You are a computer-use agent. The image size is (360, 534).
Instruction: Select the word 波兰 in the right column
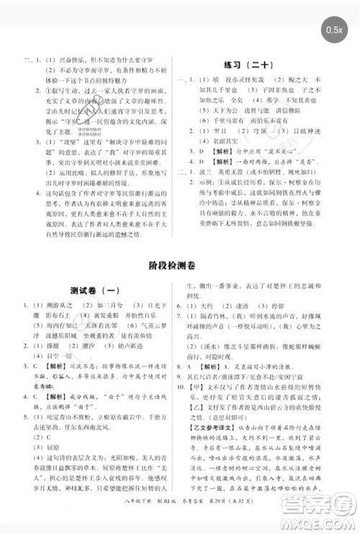217,193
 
